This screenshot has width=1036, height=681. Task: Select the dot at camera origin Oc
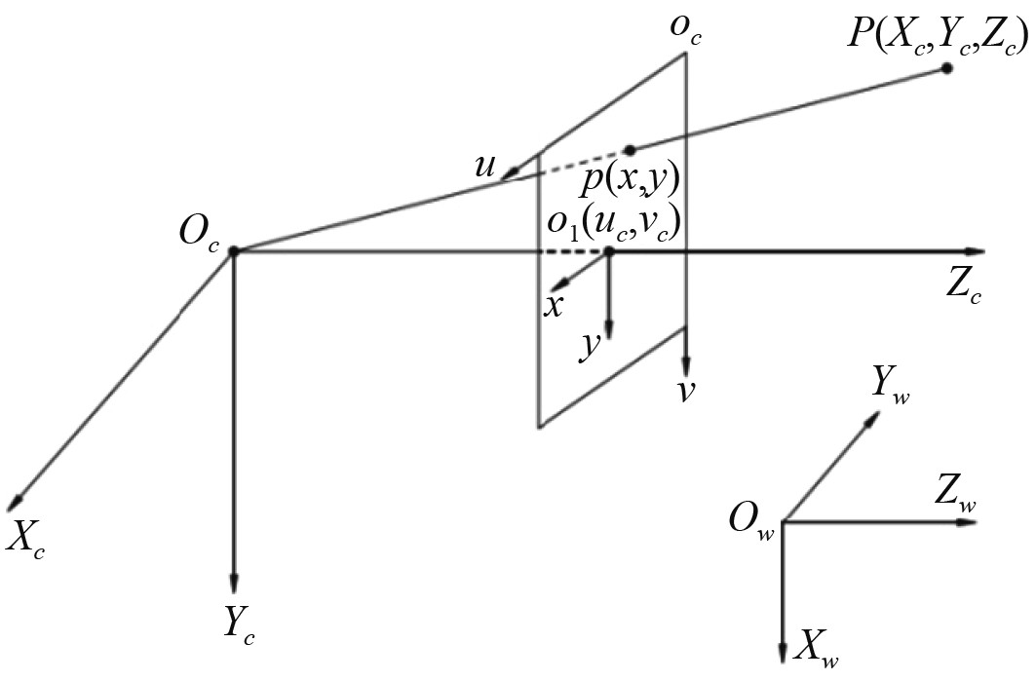pos(234,251)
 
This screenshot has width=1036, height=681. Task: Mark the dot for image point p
pos(630,149)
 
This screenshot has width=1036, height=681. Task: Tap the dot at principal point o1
pos(609,251)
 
